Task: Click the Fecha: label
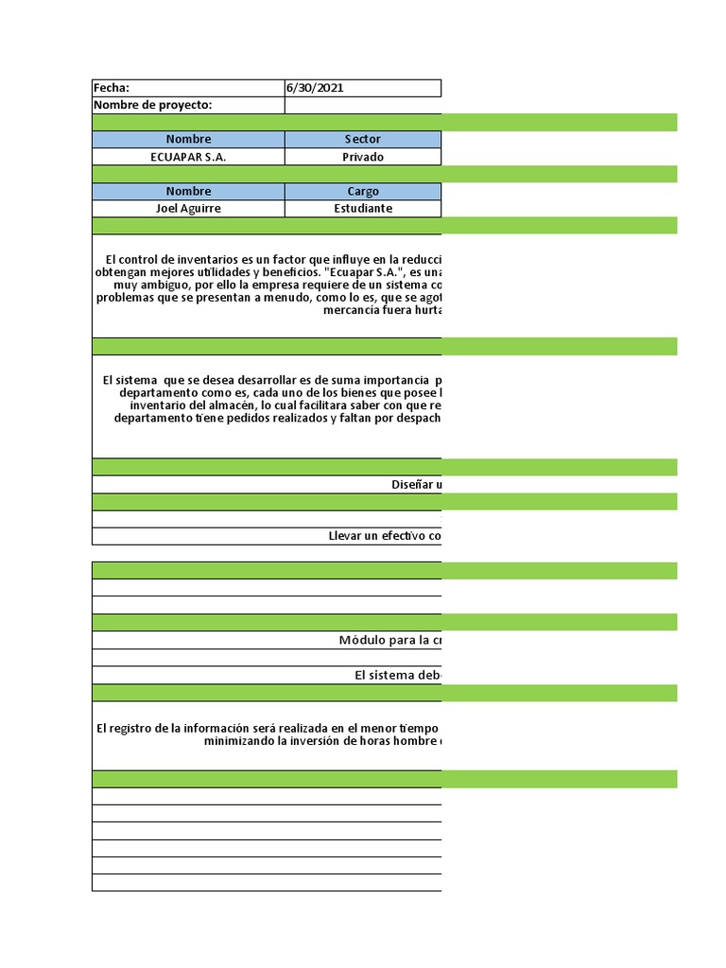tap(112, 88)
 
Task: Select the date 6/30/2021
tap(315, 88)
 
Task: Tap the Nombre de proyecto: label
tap(152, 105)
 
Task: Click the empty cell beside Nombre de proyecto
tap(362, 105)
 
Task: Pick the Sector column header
tap(362, 140)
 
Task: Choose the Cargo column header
tap(362, 192)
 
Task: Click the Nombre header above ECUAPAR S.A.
tap(188, 140)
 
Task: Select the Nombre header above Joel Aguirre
tap(188, 192)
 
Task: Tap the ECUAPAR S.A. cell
tap(188, 157)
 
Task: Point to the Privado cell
tap(362, 157)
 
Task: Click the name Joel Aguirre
tap(188, 209)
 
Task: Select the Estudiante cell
tap(362, 209)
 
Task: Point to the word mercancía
tap(352, 310)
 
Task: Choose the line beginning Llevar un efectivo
tap(384, 536)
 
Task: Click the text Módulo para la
tap(389, 640)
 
